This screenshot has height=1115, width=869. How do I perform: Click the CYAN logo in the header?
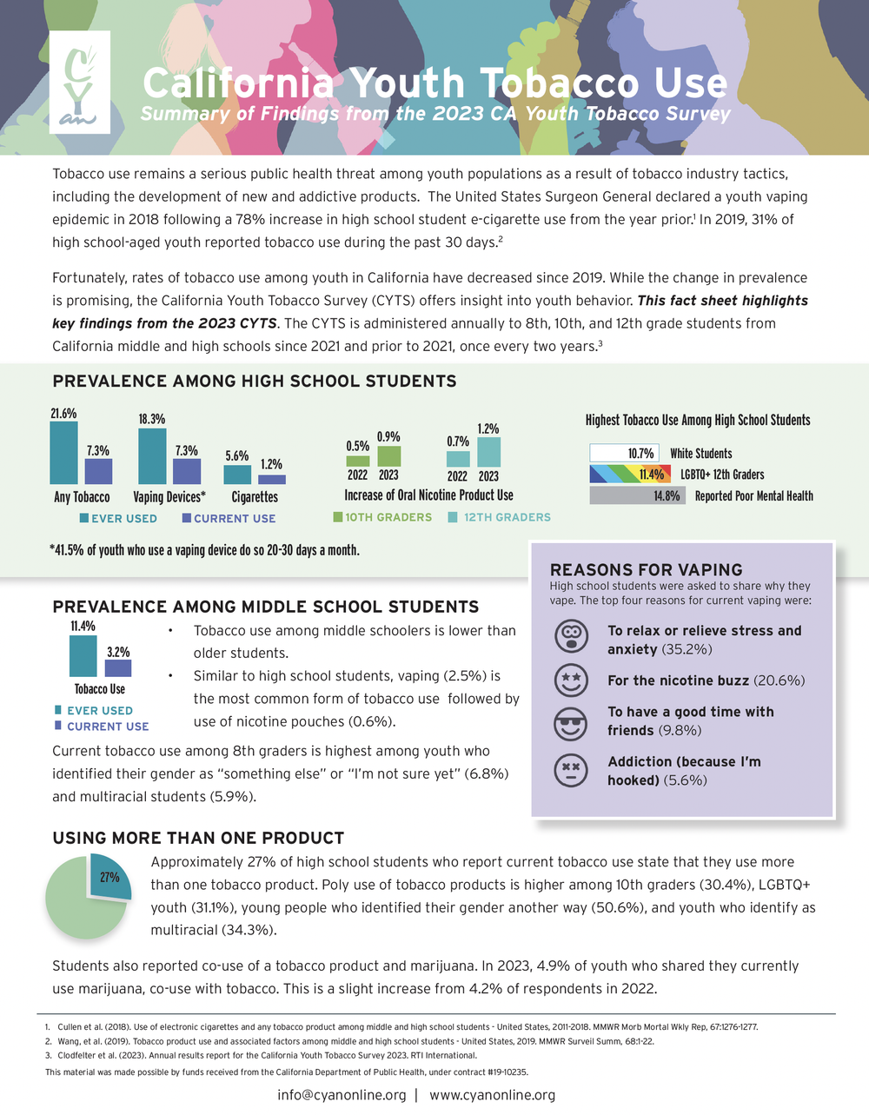[79, 82]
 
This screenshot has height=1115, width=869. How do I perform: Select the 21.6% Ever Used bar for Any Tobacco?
[63, 453]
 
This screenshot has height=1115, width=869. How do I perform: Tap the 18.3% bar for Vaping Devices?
[152, 456]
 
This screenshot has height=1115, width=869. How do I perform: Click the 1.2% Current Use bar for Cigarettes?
[272, 479]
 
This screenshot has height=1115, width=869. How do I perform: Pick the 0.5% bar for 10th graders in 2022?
[357, 461]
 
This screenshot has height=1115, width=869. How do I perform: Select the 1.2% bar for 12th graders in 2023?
[488, 452]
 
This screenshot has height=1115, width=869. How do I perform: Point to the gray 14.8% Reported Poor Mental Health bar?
[637, 495]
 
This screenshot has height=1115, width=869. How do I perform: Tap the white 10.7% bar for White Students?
[624, 453]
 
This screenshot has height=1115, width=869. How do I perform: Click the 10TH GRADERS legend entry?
[382, 517]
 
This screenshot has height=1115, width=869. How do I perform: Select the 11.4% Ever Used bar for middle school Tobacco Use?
[83, 656]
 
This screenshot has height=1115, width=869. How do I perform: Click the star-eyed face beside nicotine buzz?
[570, 680]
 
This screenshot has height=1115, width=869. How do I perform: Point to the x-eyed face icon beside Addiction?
[570, 770]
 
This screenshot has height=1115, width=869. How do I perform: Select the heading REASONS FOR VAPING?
[646, 569]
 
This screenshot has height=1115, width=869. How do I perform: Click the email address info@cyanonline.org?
[342, 1094]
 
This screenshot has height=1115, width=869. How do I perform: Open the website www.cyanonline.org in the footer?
[493, 1094]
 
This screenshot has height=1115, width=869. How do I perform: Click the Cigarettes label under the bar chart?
[255, 497]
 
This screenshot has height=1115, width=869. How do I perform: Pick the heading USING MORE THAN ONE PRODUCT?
[198, 838]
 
